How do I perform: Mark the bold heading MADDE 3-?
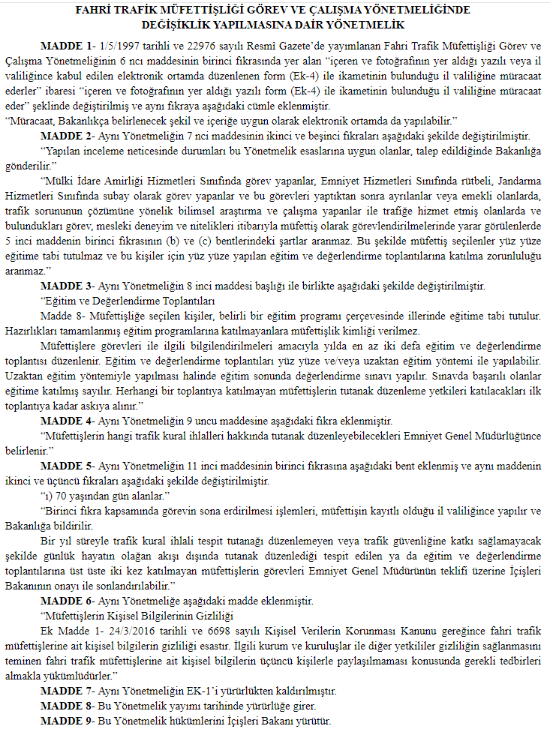[x=66, y=286]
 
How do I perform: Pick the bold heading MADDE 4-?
[x=66, y=421]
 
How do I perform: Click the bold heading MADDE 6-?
[x=66, y=601]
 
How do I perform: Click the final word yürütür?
[x=314, y=720]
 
